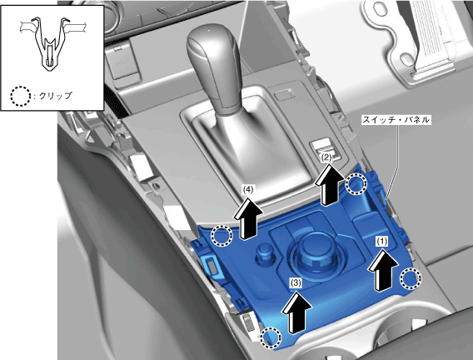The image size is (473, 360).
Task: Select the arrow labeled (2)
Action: pos(330,184)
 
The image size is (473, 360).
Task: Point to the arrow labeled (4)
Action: pos(248,218)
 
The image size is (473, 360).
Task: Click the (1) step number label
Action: pos(381,241)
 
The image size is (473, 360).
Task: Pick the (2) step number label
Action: pos(326,157)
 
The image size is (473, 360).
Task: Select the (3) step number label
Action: pos(296,282)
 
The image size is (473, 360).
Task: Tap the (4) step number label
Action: pos(248,189)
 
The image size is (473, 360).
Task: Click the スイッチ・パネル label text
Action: pos(396,120)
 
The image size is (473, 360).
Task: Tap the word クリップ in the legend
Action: pos(56,96)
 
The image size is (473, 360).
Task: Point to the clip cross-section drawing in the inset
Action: pos(53,44)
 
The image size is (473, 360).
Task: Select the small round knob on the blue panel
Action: pos(265,252)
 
